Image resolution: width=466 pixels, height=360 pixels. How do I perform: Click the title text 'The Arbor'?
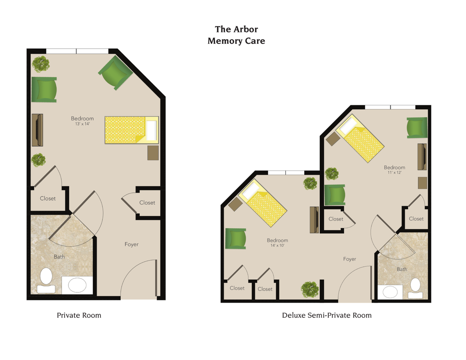(x=236, y=29)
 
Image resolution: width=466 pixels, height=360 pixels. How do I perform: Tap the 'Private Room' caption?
(x=79, y=315)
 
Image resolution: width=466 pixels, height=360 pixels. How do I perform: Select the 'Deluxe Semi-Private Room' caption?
(x=327, y=315)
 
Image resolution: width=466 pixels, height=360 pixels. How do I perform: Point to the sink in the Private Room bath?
(x=77, y=285)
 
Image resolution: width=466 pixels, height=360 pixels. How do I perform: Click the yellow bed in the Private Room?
(x=131, y=130)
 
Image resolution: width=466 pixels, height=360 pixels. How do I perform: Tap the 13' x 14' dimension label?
(x=82, y=124)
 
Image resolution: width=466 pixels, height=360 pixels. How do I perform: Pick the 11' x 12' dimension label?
(x=394, y=172)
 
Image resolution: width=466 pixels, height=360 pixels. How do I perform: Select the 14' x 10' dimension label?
(x=277, y=245)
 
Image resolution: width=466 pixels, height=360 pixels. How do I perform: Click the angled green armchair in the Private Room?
(x=115, y=72)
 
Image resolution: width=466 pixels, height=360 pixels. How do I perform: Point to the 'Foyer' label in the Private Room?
(x=131, y=245)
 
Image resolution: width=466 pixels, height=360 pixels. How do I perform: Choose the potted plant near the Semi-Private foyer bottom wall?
(x=310, y=290)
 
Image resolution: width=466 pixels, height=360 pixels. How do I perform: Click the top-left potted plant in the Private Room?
(x=41, y=64)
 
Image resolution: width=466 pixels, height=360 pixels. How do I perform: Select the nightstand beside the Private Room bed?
(x=153, y=153)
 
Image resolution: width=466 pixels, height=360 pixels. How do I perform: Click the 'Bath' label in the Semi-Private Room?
(x=402, y=269)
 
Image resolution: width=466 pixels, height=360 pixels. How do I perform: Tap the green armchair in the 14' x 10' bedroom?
(x=235, y=238)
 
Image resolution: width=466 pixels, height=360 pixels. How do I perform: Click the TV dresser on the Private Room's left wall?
(x=37, y=130)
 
